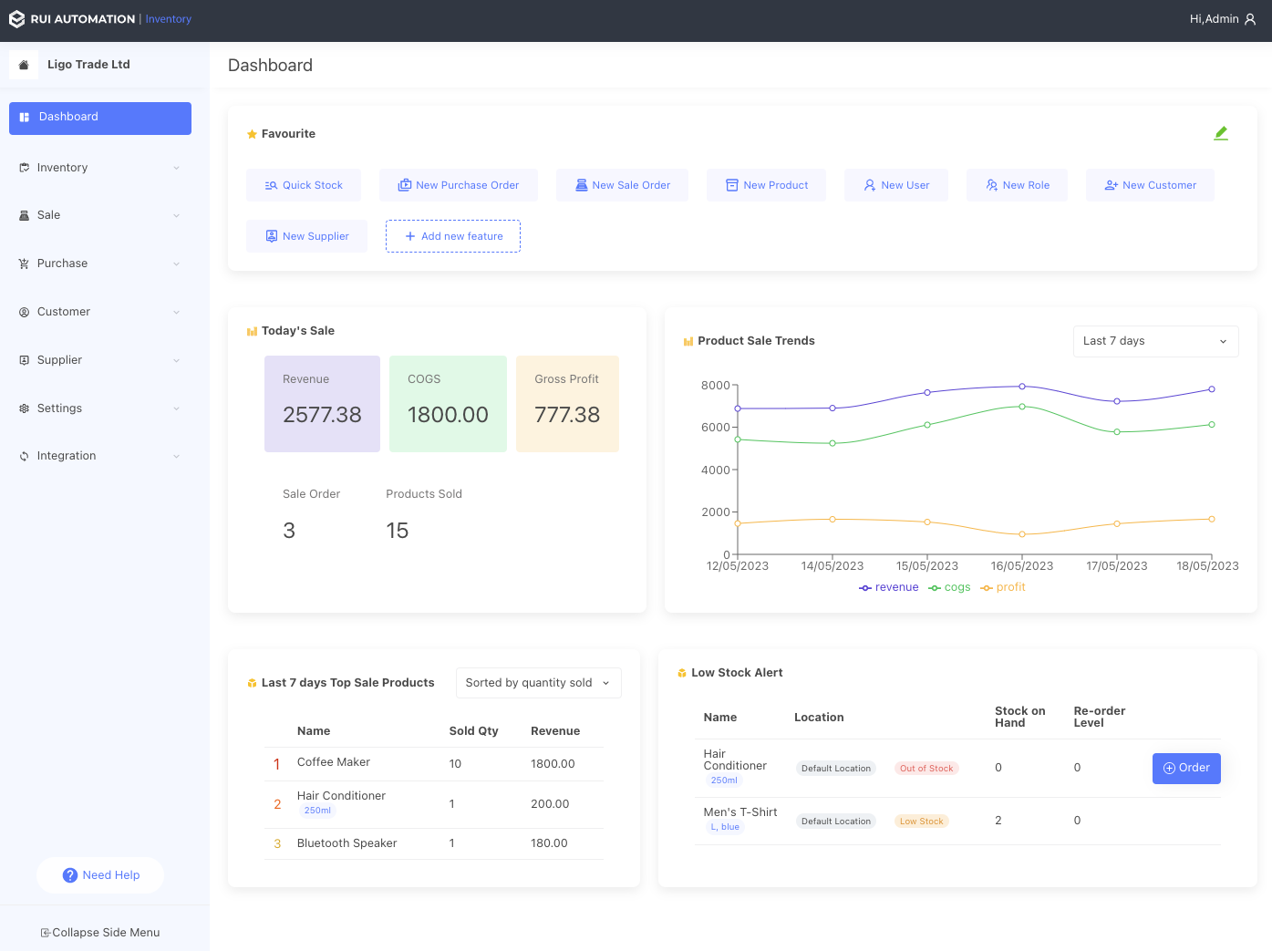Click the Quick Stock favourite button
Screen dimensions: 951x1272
pos(304,185)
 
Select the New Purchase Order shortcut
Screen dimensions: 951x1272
pos(459,185)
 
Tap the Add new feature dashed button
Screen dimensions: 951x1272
pos(453,236)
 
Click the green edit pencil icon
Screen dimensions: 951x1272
pos(1221,133)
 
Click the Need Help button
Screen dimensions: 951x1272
pos(100,875)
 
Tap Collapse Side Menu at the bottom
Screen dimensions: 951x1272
pos(100,933)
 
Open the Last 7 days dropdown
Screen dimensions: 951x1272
pos(1155,341)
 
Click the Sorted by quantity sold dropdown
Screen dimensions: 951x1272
pos(538,683)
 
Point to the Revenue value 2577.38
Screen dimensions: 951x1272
pos(322,415)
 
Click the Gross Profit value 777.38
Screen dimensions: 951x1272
pos(567,415)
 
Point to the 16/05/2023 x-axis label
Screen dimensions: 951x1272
pos(1021,566)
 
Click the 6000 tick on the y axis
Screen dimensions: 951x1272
pos(715,427)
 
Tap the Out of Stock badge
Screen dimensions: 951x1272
pos(926,769)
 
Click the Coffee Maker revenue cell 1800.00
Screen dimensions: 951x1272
pos(553,764)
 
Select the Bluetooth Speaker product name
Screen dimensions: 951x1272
pos(346,843)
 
